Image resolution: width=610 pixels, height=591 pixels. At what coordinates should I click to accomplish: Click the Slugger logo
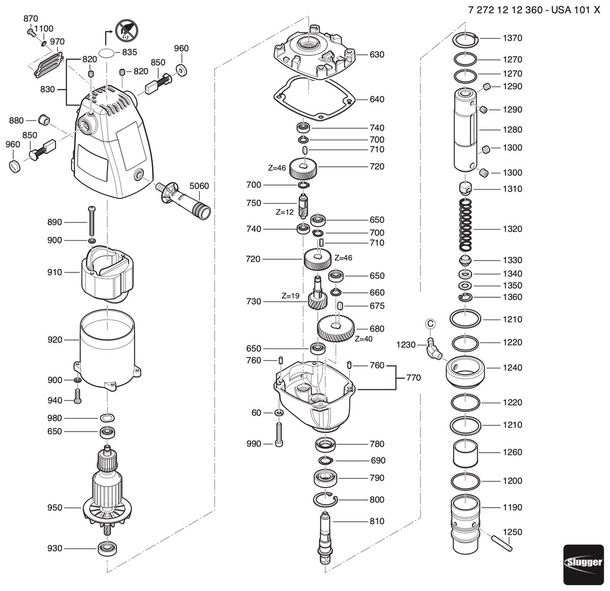(584, 565)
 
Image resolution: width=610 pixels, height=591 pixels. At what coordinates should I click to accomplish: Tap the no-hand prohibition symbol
(127, 30)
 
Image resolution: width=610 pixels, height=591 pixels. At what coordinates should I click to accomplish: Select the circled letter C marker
(431, 324)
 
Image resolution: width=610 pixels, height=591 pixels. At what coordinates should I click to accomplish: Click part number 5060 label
(199, 186)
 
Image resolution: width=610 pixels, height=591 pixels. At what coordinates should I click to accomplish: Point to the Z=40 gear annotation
(363, 339)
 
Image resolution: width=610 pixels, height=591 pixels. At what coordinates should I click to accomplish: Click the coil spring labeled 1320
(466, 225)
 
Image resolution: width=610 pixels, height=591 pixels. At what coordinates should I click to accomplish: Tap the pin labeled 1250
(502, 543)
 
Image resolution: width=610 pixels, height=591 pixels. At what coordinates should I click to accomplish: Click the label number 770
(413, 378)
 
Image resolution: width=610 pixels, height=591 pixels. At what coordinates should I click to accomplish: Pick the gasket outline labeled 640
(314, 98)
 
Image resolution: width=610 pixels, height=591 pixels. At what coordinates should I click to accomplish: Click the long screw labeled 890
(92, 221)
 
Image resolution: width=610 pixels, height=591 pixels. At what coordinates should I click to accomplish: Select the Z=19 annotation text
(291, 296)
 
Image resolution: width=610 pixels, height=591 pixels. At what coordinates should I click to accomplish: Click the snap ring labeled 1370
(466, 40)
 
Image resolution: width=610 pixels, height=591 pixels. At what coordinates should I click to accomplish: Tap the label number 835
(130, 52)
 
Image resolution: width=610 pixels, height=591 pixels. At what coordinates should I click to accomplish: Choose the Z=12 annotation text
(285, 212)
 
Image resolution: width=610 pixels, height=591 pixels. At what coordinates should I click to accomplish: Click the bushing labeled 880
(44, 120)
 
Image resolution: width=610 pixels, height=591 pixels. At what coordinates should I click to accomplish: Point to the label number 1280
(512, 130)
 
